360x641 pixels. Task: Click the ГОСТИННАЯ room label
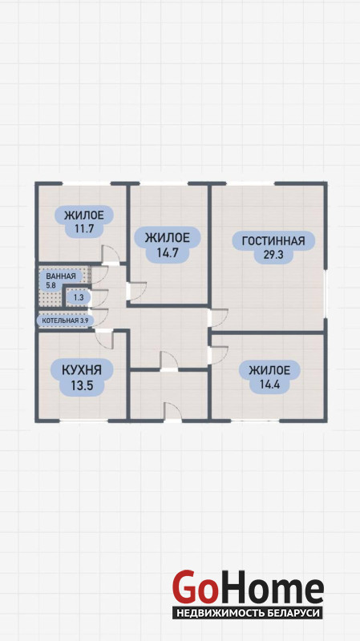[x=273, y=241]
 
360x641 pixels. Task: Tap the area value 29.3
[x=273, y=255]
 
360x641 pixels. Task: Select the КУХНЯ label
[x=82, y=370]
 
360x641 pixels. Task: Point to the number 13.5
[x=82, y=385]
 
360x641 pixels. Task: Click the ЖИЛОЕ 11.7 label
[x=83, y=221]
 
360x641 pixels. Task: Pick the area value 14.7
[x=168, y=252]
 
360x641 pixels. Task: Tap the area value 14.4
[x=269, y=385]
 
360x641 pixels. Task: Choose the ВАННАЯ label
[x=61, y=276]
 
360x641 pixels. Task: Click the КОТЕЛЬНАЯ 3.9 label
[x=66, y=320]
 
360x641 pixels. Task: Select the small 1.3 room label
[x=79, y=297]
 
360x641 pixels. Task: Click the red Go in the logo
[x=195, y=587]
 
